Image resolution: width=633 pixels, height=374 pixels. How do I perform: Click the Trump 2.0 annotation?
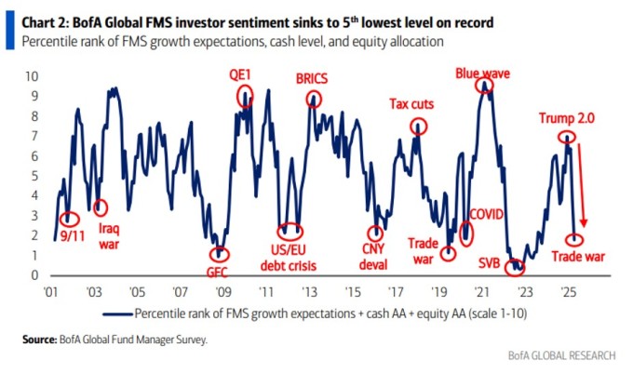[x=568, y=118]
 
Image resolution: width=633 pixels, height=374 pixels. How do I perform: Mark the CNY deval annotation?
[x=374, y=255]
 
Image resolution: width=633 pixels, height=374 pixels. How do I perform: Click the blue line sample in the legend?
[x=114, y=313]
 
